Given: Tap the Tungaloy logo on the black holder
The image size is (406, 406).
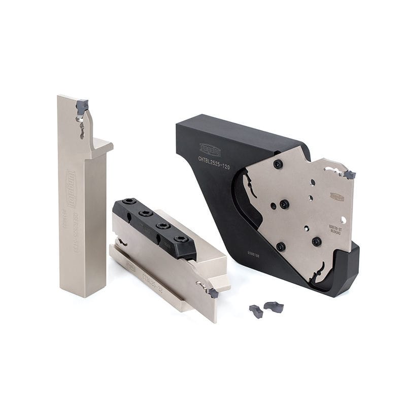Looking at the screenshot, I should coord(210,149).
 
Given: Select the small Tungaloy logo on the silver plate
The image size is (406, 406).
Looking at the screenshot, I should coord(336,196).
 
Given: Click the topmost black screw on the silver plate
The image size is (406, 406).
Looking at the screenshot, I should coord(278,164).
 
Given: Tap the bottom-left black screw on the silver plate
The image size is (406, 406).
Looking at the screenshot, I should coord(280,247).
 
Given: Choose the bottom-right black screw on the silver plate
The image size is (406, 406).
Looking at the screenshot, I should coord(317,241).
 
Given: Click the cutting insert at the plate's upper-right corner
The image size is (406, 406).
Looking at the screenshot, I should coord(349,175).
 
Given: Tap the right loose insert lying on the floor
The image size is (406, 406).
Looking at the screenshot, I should coord(274,307).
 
